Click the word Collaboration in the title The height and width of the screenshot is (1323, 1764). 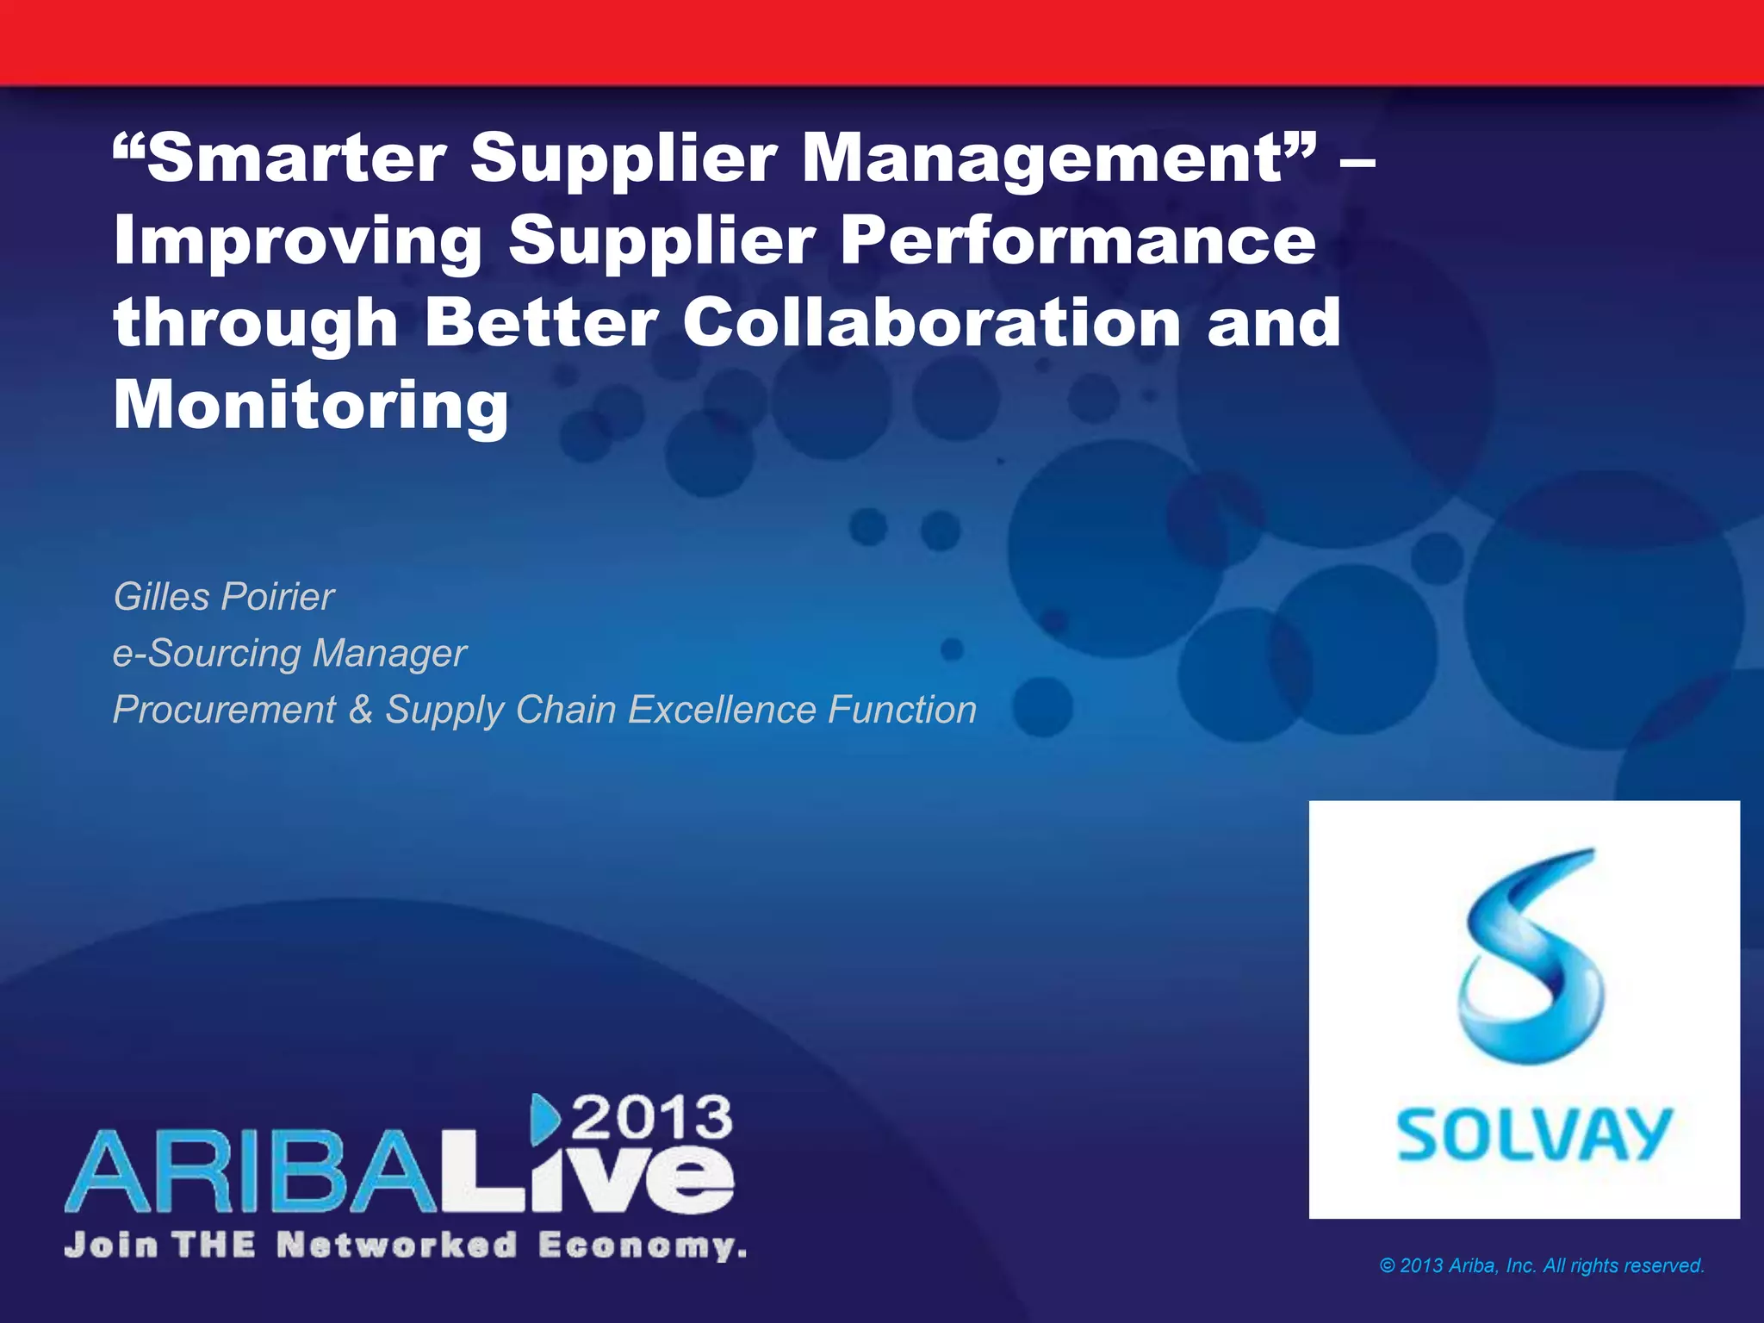click(x=931, y=322)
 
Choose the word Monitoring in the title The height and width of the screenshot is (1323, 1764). click(x=311, y=405)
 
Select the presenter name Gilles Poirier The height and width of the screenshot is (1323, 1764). click(x=224, y=596)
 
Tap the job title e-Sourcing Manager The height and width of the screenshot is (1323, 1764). click(x=289, y=653)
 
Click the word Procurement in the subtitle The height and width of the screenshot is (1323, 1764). click(x=224, y=710)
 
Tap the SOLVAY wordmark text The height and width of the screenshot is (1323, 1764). click(x=1533, y=1134)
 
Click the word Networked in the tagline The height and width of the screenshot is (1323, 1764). click(x=397, y=1245)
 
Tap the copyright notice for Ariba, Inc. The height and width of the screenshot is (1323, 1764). click(x=1542, y=1265)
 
